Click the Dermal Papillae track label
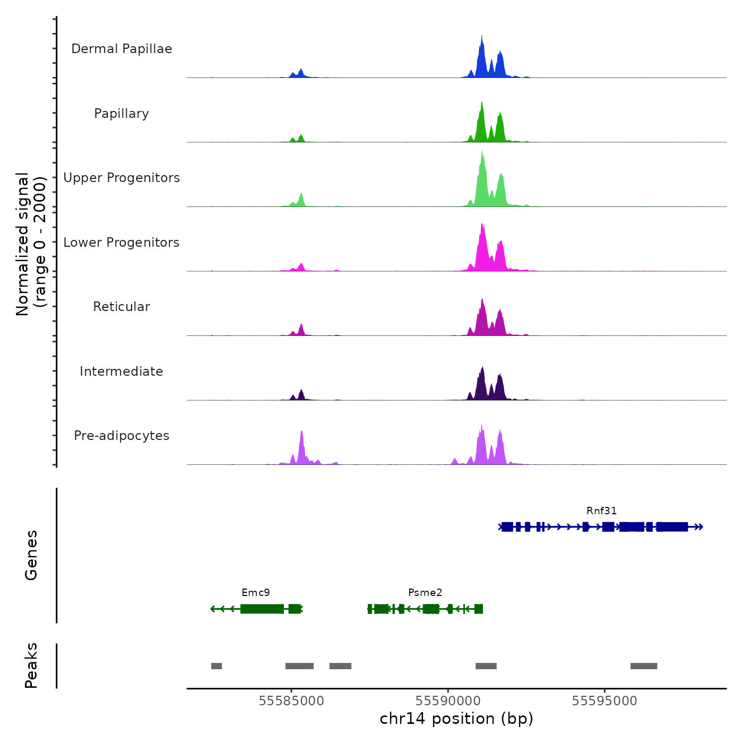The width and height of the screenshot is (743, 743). pyautogui.click(x=122, y=49)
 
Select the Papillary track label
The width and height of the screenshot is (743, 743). pyautogui.click(x=122, y=114)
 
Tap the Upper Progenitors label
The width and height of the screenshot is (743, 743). pyautogui.click(x=122, y=178)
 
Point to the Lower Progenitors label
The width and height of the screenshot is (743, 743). pyautogui.click(x=122, y=243)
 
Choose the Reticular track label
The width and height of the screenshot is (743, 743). pyautogui.click(x=122, y=307)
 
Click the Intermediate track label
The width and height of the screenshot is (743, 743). pyautogui.click(x=122, y=371)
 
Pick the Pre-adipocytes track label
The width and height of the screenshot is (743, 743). pyautogui.click(x=122, y=436)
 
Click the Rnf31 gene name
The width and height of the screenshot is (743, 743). pyautogui.click(x=601, y=511)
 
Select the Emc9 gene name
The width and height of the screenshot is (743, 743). pyautogui.click(x=256, y=593)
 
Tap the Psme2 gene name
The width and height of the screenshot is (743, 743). pyautogui.click(x=425, y=593)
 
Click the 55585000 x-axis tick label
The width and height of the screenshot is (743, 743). pyautogui.click(x=291, y=701)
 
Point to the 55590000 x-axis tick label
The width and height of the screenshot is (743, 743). pyautogui.click(x=448, y=701)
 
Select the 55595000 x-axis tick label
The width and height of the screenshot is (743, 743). pyautogui.click(x=604, y=701)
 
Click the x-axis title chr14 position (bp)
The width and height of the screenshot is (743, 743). pyautogui.click(x=456, y=719)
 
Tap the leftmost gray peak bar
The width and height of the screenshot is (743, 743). pyautogui.click(x=217, y=666)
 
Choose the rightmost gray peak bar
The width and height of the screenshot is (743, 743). pyautogui.click(x=644, y=666)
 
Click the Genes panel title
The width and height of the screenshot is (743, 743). pyautogui.click(x=31, y=555)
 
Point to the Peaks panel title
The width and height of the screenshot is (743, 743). pyautogui.click(x=31, y=666)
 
